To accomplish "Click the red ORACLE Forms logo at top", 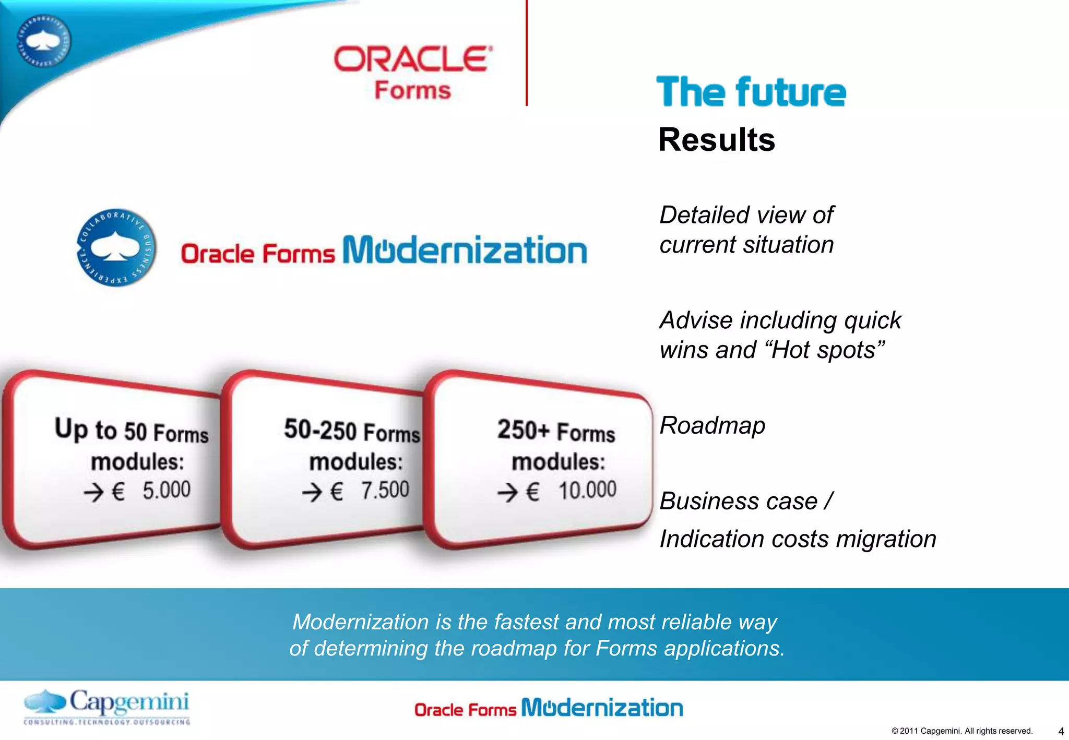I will (412, 72).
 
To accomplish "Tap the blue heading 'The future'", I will (751, 92).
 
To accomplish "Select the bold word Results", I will (716, 140).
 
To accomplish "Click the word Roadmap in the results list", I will (712, 425).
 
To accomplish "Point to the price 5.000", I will (167, 490).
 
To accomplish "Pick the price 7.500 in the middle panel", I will (385, 490).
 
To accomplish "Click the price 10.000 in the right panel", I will (587, 490).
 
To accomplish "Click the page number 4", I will (1061, 731).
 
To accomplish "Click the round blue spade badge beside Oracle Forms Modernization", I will (116, 247).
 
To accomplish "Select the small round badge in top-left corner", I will (44, 41).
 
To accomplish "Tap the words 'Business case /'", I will (746, 501).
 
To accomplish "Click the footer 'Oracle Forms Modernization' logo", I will (548, 708).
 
